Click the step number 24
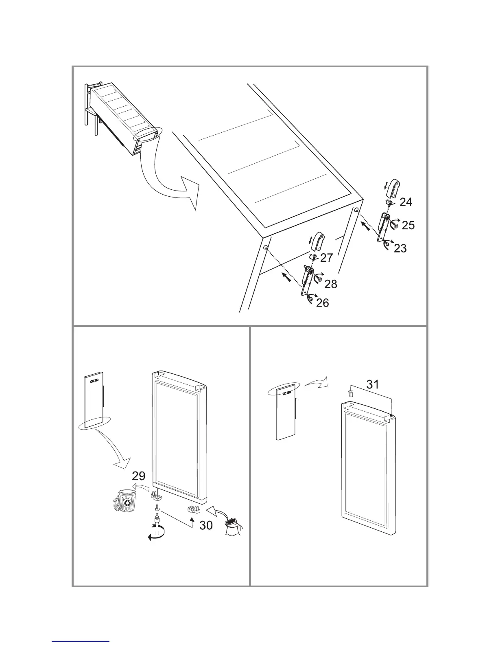tap(405, 202)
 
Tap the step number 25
tap(408, 225)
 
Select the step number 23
tap(400, 248)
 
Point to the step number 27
tap(326, 258)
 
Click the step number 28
tap(331, 284)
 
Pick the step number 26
tap(322, 303)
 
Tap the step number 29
tap(139, 476)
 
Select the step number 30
tap(206, 526)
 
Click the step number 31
tap(373, 384)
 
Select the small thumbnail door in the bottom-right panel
tap(286, 413)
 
